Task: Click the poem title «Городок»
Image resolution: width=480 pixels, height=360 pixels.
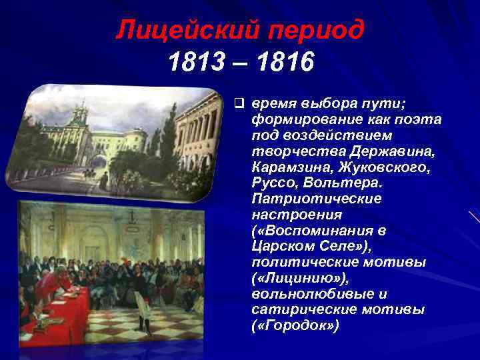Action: coord(295,325)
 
